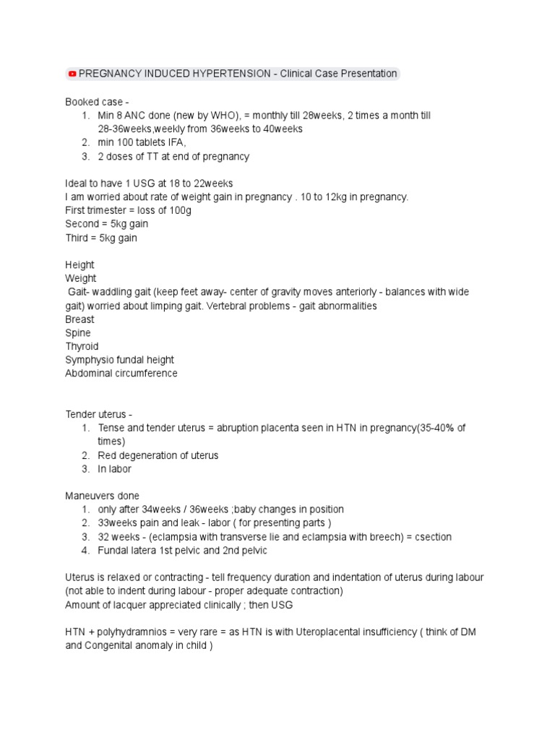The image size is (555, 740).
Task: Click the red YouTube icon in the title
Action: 72,74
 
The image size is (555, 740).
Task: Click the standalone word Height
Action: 79,265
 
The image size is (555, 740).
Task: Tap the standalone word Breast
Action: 79,319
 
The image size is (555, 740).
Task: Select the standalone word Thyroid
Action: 82,346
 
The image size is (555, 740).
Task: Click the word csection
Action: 431,537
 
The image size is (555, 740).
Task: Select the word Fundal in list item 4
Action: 112,551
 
